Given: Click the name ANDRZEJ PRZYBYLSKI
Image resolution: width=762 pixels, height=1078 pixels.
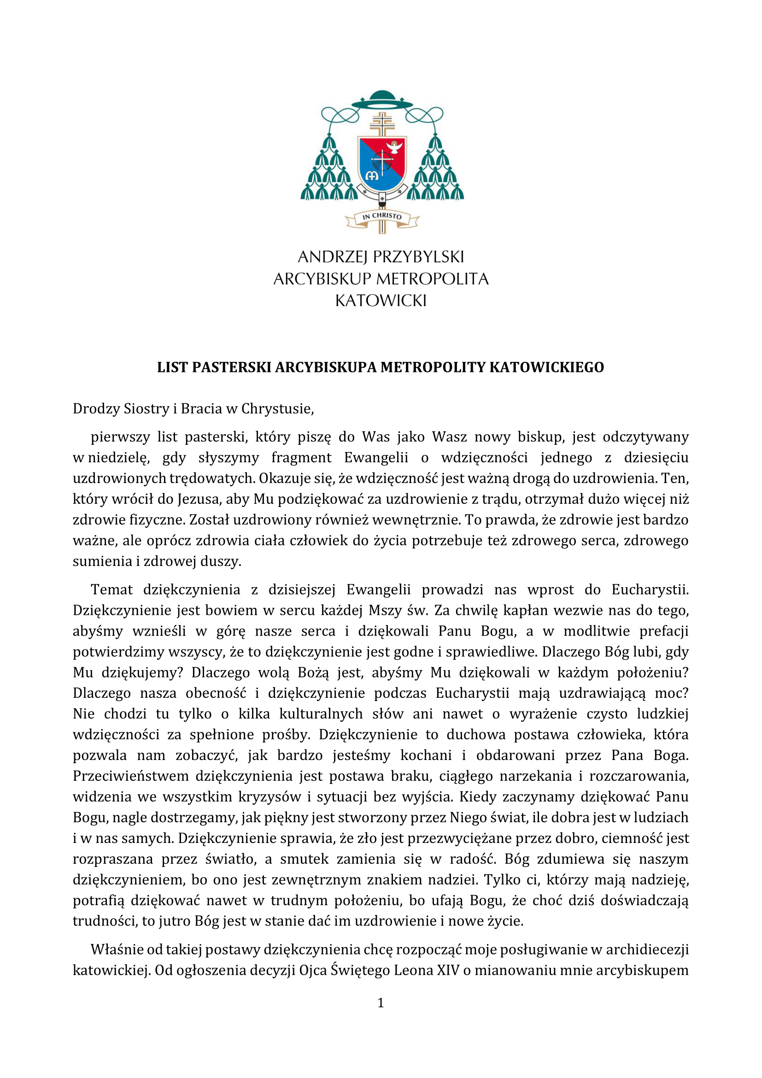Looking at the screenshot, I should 381,257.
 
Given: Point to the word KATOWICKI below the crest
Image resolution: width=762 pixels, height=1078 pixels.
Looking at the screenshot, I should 381,300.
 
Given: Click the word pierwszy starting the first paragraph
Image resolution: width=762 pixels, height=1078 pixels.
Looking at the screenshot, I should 120,437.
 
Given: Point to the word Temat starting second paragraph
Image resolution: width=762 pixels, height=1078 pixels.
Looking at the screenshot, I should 111,590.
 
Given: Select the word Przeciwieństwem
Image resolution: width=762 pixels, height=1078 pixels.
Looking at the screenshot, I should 130,776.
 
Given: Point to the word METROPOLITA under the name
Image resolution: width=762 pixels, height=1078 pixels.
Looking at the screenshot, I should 432,279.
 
